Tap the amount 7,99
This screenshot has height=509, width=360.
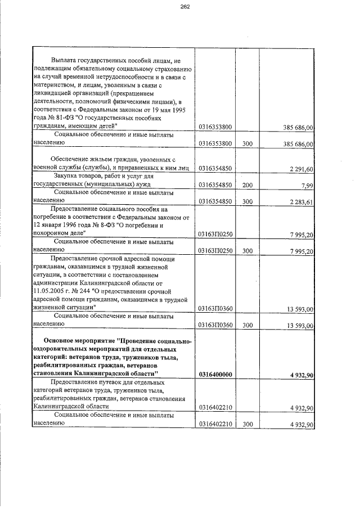point(307,184)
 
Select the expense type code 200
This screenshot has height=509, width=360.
point(247,184)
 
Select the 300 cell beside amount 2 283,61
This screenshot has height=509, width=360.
point(247,200)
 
